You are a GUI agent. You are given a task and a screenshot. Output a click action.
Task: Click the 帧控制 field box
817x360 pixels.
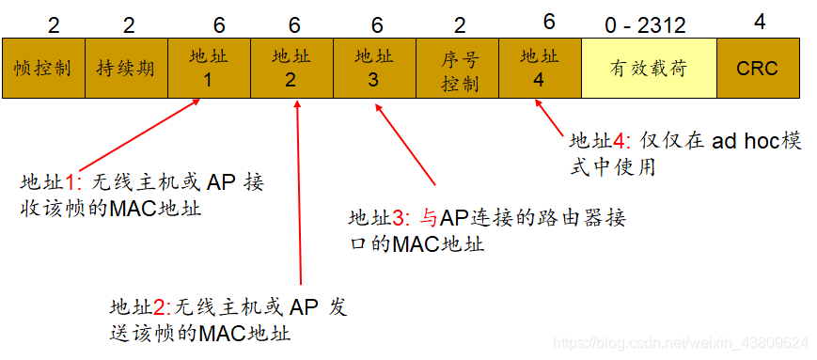pyautogui.click(x=43, y=69)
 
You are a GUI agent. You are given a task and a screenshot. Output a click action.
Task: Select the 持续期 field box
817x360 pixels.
pyautogui.click(x=126, y=69)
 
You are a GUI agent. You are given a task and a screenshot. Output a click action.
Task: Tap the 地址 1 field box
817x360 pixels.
pyautogui.click(x=209, y=69)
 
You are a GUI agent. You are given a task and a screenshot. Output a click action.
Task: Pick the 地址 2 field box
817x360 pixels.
pyautogui.click(x=291, y=69)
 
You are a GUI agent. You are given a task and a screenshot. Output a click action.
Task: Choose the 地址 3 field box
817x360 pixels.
pyautogui.click(x=373, y=69)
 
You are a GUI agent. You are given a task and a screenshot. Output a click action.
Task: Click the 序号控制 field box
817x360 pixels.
pyautogui.click(x=458, y=69)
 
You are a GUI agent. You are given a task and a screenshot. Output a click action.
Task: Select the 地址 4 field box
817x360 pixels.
pyautogui.click(x=540, y=69)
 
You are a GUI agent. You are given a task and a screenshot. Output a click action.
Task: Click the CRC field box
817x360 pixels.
pyautogui.click(x=757, y=69)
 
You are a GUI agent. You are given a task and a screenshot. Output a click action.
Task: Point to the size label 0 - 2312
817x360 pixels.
pyautogui.click(x=646, y=23)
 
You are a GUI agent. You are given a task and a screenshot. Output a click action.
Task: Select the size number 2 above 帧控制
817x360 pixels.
pyautogui.click(x=53, y=23)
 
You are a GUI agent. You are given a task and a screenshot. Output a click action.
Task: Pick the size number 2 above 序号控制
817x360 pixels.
pyautogui.click(x=459, y=23)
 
